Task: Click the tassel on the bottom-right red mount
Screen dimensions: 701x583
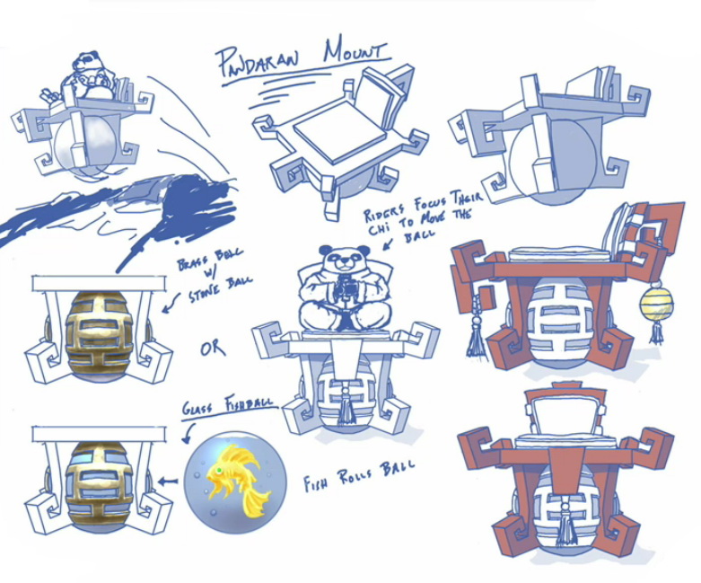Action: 565,526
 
